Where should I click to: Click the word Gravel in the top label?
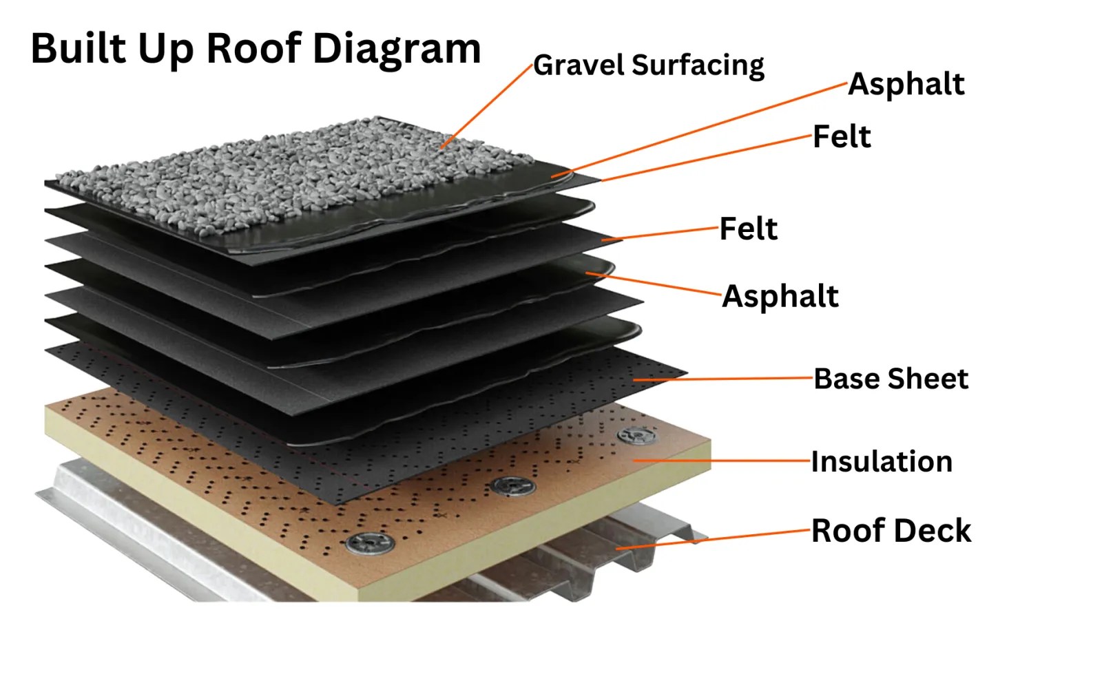pyautogui.click(x=579, y=65)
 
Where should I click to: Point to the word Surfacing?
pyautogui.click(x=698, y=66)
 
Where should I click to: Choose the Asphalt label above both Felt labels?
pyautogui.click(x=906, y=84)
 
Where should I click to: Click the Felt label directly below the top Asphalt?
pyautogui.click(x=842, y=136)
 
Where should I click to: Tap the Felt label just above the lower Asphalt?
pyautogui.click(x=749, y=229)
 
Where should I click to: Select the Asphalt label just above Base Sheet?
pyautogui.click(x=780, y=297)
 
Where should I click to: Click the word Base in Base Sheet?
pyautogui.click(x=847, y=379)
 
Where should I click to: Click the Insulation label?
pyautogui.click(x=882, y=461)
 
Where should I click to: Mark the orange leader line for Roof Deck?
pyautogui.click(x=716, y=539)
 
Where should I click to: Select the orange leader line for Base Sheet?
pyautogui.click(x=723, y=379)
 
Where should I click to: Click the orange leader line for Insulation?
pyautogui.click(x=723, y=460)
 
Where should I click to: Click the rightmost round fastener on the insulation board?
pyautogui.click(x=635, y=436)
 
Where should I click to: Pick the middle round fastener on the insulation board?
pyautogui.click(x=513, y=486)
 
